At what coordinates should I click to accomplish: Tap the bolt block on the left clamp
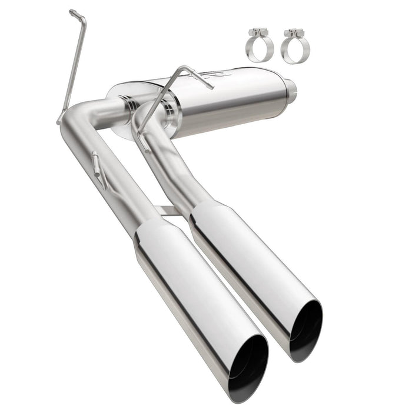point(257,33)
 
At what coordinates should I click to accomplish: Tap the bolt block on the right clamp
point(291,33)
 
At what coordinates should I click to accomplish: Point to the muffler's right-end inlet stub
point(291,91)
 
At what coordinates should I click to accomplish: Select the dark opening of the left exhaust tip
point(248,364)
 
